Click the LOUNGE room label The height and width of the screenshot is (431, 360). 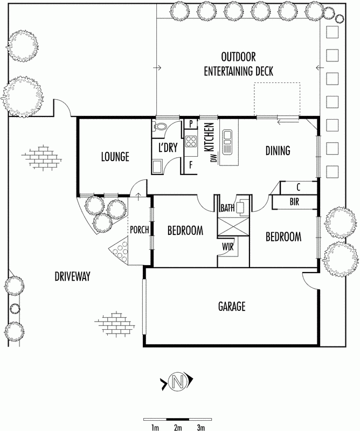coord(115,157)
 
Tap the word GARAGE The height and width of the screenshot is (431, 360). coord(232,306)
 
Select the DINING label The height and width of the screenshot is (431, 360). coord(278,151)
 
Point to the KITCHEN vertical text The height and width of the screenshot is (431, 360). coord(209,137)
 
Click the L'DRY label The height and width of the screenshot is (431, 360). coord(168,148)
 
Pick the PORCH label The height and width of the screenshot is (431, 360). coord(140,230)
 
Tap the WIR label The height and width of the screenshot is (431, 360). coord(228,247)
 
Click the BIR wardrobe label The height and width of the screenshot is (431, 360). coord(294,202)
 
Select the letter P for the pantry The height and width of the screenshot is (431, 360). coord(191,124)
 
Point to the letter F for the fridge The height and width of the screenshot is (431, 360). coord(191,165)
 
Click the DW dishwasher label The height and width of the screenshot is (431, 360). coord(215,158)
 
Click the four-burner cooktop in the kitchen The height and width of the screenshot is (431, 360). coord(191,142)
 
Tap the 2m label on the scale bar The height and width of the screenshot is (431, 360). coord(178,427)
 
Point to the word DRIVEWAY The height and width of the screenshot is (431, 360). coord(72,276)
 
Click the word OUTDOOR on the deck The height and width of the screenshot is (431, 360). coord(238,57)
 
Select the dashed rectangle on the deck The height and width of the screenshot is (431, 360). coord(276,99)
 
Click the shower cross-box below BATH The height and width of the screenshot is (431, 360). coord(233,226)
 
